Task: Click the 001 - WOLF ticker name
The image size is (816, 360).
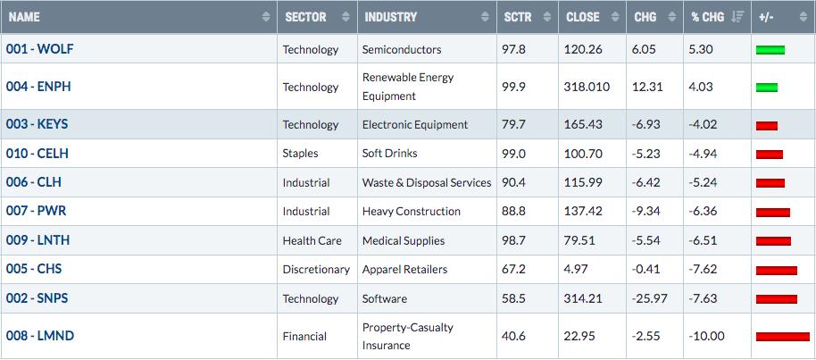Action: (x=39, y=49)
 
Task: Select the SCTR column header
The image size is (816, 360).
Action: (x=518, y=17)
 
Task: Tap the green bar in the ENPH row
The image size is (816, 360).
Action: (x=767, y=88)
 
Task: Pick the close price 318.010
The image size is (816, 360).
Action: (x=587, y=87)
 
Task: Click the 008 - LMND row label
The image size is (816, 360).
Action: (x=40, y=336)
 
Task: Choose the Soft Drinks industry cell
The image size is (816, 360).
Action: (x=390, y=153)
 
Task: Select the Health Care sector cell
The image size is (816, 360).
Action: (x=312, y=240)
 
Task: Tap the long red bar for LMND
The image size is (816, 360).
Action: (x=783, y=337)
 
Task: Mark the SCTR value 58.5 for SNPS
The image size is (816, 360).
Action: (x=514, y=298)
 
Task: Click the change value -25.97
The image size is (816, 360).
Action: (x=651, y=298)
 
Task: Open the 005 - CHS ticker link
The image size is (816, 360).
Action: (x=34, y=269)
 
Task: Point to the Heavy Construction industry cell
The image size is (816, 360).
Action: (x=411, y=212)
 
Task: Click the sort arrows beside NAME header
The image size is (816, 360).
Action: (x=266, y=17)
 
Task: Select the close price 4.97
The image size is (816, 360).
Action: (x=576, y=270)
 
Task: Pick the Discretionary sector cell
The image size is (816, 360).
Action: (x=316, y=270)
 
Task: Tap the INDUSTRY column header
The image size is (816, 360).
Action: (x=390, y=17)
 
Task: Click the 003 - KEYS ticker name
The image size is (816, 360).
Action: (x=37, y=124)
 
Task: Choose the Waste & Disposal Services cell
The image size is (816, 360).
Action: (x=427, y=182)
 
